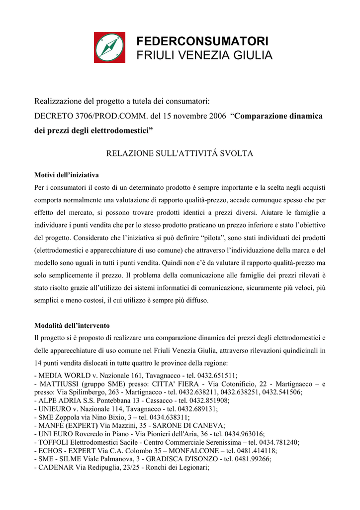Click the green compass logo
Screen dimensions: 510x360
[109, 47]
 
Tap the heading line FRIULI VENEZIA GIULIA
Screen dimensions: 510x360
[204, 56]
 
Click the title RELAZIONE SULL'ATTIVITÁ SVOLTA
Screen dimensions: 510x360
[180, 153]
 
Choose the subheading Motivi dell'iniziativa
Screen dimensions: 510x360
[66, 175]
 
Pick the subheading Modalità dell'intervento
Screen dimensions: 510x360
[72, 326]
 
